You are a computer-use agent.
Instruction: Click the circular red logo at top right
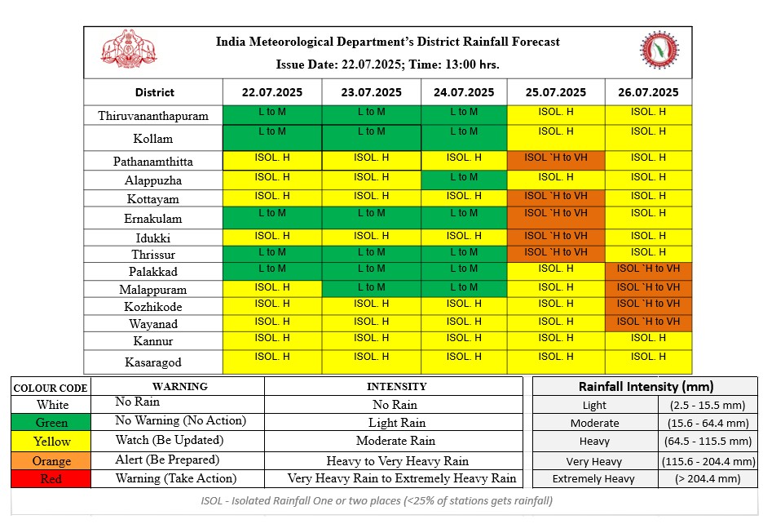[659, 51]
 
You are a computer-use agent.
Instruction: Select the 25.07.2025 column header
[556, 92]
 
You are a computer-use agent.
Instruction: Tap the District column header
[154, 92]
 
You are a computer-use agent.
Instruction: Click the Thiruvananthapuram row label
[152, 116]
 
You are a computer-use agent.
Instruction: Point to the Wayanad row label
[152, 324]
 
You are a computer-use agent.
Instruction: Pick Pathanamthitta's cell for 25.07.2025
[556, 160]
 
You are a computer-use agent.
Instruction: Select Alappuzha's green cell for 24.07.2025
[464, 180]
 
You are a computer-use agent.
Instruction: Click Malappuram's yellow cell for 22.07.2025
[272, 289]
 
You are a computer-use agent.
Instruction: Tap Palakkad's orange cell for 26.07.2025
[648, 272]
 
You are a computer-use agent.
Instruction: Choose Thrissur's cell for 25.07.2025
[556, 254]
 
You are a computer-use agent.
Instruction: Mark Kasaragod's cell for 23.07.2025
[371, 362]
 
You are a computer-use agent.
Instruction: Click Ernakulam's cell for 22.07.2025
[272, 218]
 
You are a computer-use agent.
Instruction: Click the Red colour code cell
[51, 478]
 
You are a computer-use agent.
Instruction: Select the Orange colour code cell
[51, 461]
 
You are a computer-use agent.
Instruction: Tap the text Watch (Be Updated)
[170, 440]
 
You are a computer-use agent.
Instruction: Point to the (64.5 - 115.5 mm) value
[708, 441]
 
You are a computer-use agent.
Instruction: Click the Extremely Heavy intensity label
[593, 478]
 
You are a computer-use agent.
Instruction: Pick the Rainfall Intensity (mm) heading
[646, 387]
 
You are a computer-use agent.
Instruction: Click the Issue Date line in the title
[387, 64]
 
